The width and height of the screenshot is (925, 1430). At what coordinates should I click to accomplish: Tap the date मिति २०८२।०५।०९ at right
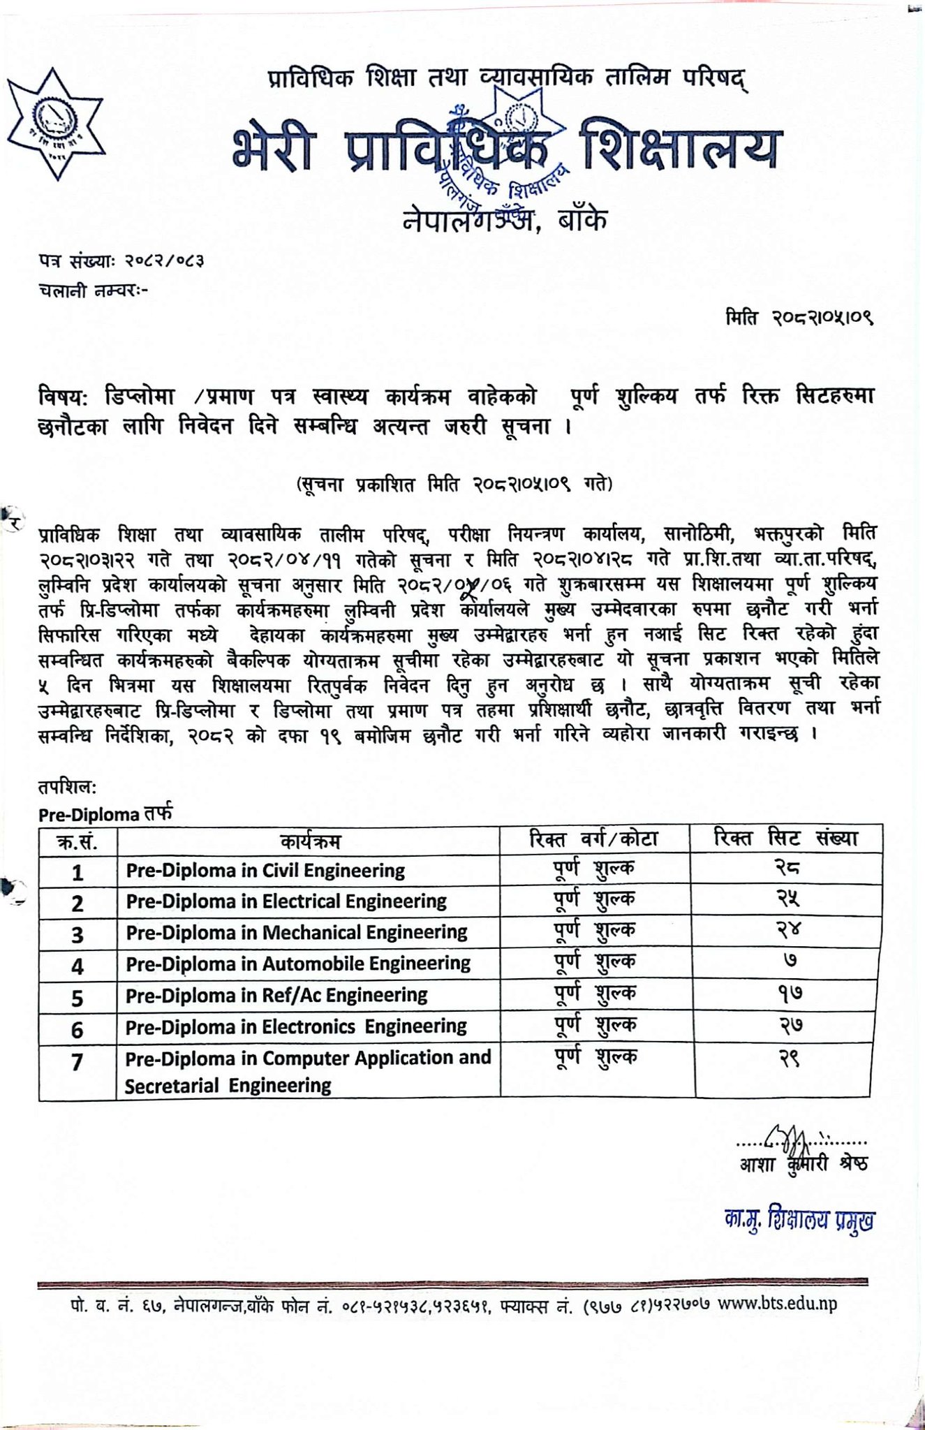[x=799, y=318]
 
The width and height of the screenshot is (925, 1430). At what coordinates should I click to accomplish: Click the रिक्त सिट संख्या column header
[x=786, y=839]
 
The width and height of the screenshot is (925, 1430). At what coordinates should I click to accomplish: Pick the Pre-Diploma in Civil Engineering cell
[x=265, y=871]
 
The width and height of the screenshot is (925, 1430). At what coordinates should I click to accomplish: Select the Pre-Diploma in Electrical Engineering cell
[x=286, y=901]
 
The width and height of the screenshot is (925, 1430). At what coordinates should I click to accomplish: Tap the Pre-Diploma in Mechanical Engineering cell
[x=296, y=933]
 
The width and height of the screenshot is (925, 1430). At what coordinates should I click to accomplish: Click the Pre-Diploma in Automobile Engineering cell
[x=298, y=964]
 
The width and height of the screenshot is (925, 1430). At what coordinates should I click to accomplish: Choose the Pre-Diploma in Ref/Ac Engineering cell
[x=276, y=996]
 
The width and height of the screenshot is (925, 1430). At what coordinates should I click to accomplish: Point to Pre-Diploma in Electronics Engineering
[x=296, y=1027]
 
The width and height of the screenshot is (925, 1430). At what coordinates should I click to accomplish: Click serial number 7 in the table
[x=77, y=1063]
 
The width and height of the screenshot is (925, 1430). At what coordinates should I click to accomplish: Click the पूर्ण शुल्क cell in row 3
[x=595, y=931]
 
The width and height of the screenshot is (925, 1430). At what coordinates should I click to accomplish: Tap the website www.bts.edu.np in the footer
[x=777, y=1304]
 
